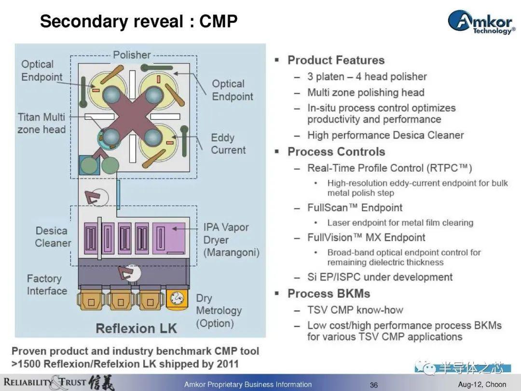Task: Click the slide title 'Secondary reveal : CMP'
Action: pos(138,21)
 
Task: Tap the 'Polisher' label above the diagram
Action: pos(132,55)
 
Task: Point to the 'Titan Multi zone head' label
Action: pos(41,123)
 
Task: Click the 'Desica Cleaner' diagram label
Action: pos(52,237)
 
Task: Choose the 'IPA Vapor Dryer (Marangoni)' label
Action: pos(231,239)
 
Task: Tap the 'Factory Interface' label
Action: pos(47,284)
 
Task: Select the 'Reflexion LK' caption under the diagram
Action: pos(137,329)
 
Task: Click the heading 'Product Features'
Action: pos(336,60)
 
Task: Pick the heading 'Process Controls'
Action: pos(336,152)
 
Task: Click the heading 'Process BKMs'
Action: pos(329,293)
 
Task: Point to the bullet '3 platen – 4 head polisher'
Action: pos(367,76)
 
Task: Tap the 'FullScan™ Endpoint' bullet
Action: pos(355,208)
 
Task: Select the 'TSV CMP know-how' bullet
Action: pos(355,310)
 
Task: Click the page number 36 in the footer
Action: pos(374,385)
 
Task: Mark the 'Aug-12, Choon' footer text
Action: pos(482,385)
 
